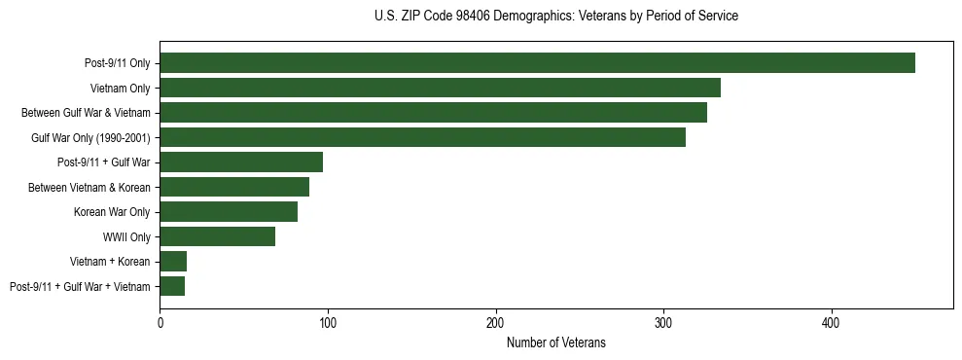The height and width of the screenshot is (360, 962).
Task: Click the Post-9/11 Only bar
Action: pos(537,63)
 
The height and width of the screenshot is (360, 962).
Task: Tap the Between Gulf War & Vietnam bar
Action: pos(433,113)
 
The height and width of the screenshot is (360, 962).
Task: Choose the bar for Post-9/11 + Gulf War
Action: pos(241,162)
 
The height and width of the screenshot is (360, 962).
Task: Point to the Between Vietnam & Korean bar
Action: pos(234,187)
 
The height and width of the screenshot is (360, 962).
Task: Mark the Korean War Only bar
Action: pos(229,212)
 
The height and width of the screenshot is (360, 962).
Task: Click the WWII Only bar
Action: pos(218,236)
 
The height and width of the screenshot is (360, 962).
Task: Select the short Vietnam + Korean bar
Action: pos(173,262)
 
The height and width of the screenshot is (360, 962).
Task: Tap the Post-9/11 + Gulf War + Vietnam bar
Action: pos(172,286)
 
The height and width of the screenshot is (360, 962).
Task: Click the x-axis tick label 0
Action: pos(160,322)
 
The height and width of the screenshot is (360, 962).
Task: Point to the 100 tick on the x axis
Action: pos(328,322)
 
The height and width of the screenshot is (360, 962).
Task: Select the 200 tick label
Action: pos(496,322)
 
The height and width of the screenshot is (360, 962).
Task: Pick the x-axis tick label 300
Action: pos(663,322)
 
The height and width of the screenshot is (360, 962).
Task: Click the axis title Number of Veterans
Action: pos(556,342)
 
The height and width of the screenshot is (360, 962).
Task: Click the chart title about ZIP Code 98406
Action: pos(556,17)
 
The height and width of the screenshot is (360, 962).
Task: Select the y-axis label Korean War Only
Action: pos(111,212)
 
